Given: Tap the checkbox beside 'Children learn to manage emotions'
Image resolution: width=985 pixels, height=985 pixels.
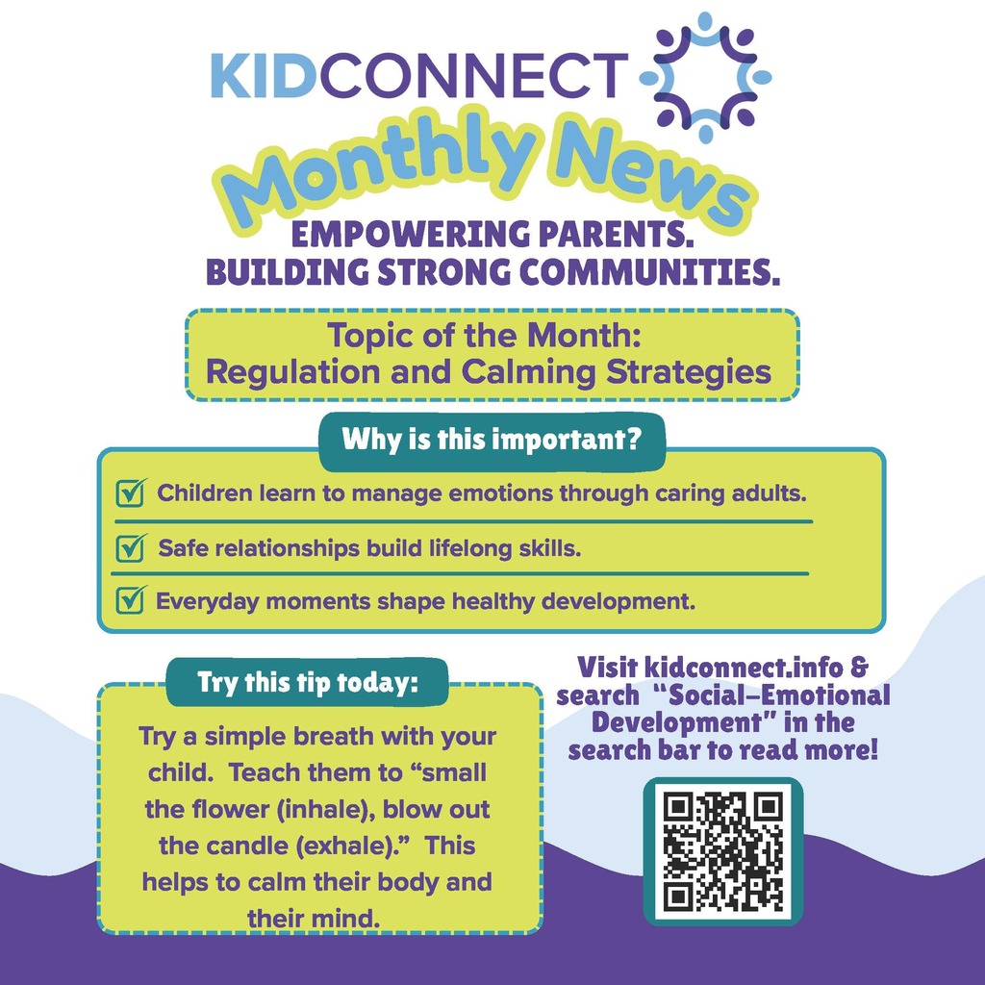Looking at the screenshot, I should [128, 494].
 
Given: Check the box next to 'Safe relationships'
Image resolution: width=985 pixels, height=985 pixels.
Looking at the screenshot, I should [128, 549].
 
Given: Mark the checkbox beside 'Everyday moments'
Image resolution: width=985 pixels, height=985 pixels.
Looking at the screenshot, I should [128, 602].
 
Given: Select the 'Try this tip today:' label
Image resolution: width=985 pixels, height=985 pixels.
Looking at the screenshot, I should [308, 683].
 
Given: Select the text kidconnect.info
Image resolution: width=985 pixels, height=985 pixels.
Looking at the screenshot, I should [731, 666].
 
